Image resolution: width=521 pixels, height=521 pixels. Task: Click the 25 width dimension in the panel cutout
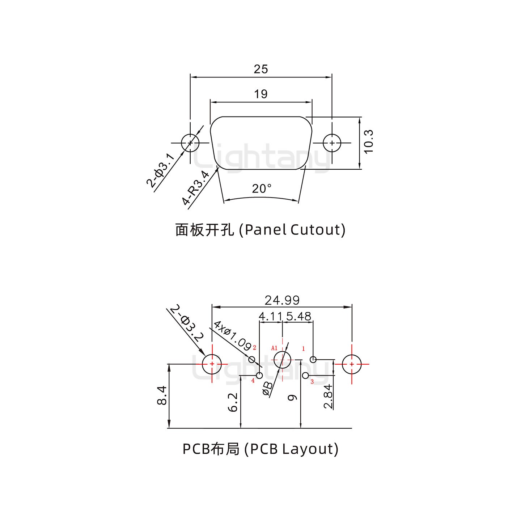pos(260,69)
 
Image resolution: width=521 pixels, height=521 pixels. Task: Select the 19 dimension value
pos(260,94)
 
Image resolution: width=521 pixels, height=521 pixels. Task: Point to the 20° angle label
pos(262,189)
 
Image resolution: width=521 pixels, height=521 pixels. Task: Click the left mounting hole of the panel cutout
pos(190,143)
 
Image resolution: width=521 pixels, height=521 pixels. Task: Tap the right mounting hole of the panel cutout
pos(332,143)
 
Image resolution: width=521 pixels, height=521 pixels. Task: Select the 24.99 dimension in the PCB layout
pos(282,300)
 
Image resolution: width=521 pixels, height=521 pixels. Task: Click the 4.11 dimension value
pos(270,317)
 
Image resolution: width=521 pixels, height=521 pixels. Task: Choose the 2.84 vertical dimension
pos(329,397)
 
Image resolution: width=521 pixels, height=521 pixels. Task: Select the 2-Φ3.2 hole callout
pos(186,323)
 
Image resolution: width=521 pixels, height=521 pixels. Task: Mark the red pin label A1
pos(274,348)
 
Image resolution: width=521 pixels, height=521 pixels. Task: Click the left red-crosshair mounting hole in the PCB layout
pos(212,364)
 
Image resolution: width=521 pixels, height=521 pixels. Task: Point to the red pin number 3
pos(312,382)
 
